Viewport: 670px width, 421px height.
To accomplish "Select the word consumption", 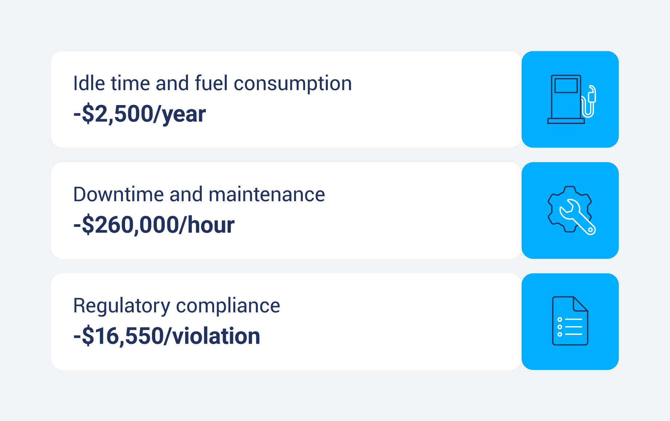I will [x=293, y=84].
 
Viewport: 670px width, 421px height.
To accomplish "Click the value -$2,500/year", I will [x=140, y=114].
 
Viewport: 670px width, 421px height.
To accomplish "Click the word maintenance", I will [x=266, y=195].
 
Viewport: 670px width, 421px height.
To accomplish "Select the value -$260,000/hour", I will [x=154, y=225].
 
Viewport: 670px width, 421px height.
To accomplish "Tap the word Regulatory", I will [x=121, y=306].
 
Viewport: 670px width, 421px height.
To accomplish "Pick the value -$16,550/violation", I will [x=167, y=336].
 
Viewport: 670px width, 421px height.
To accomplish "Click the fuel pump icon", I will [x=570, y=99].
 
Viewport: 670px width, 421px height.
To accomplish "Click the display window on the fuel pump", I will [x=566, y=86].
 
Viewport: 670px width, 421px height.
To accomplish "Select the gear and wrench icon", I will [x=570, y=210].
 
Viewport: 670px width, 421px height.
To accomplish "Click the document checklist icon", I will [x=570, y=321].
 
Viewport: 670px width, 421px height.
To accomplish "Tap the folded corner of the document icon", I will [x=581, y=304].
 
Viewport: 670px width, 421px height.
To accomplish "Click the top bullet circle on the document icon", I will [x=560, y=320].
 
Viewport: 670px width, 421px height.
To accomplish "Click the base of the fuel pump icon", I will [x=566, y=121].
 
